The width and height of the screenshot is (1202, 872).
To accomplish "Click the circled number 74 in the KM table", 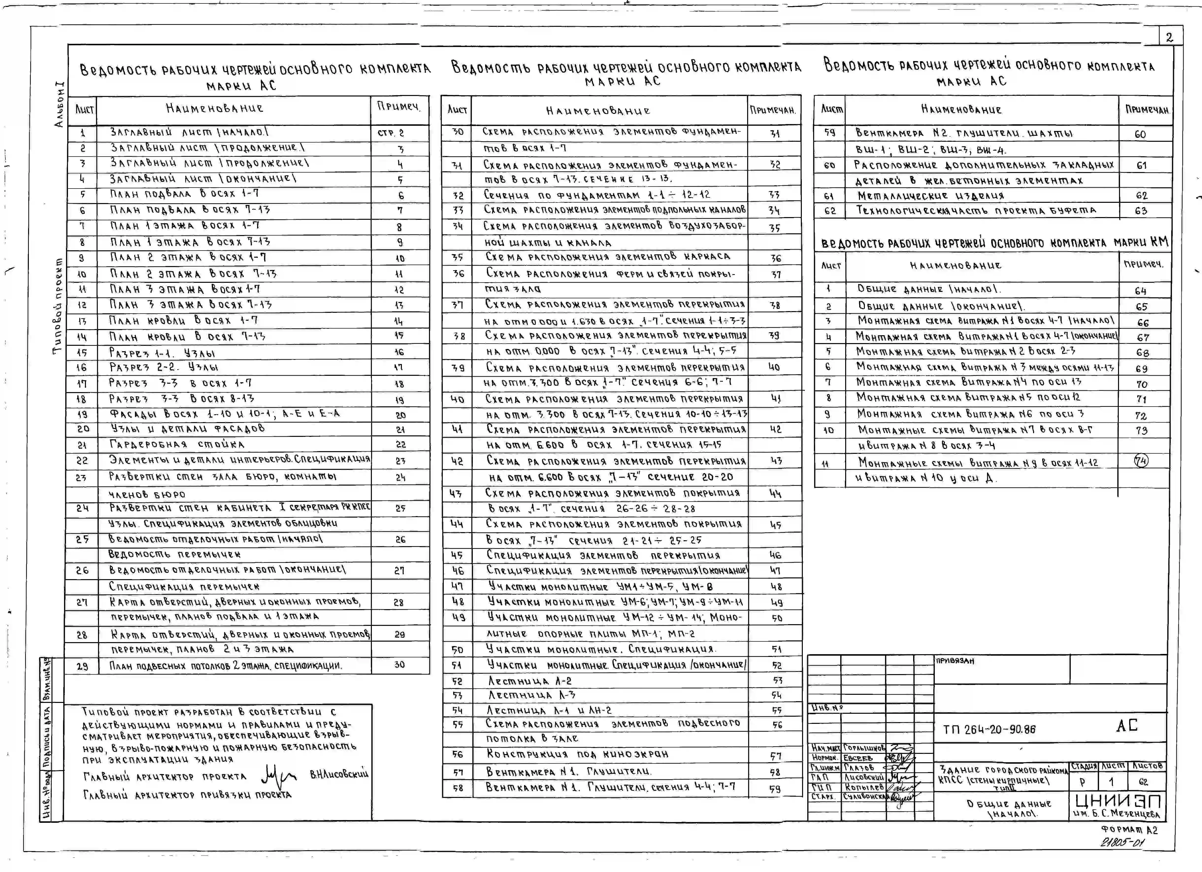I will click(x=1141, y=461).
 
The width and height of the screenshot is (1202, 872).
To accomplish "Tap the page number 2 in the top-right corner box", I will click(x=1169, y=37).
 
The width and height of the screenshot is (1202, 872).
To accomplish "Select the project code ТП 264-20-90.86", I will click(x=989, y=729).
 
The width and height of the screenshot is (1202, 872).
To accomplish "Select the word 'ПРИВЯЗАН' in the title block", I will click(x=955, y=661).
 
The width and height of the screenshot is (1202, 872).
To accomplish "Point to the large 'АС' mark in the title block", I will click(x=1127, y=725).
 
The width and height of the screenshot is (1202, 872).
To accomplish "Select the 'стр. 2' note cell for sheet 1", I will click(x=391, y=133).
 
